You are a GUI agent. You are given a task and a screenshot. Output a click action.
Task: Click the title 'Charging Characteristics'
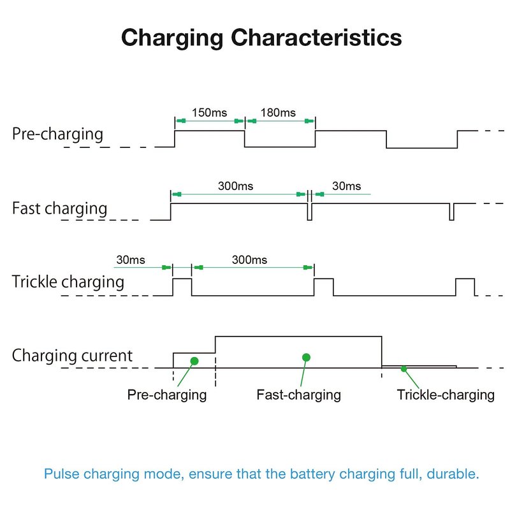(x=261, y=37)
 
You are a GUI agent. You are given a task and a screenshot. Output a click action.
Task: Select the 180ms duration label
(x=279, y=113)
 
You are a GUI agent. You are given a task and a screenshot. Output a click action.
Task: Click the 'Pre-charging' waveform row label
(x=57, y=134)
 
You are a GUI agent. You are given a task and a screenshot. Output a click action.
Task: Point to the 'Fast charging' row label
(x=60, y=208)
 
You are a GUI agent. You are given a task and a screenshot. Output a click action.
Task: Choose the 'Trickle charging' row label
(x=68, y=282)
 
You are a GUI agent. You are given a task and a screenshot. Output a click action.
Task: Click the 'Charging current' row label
(x=72, y=355)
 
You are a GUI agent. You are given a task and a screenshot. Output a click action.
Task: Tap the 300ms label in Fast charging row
(x=236, y=186)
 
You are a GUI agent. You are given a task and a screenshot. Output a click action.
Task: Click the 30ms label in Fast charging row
(x=347, y=186)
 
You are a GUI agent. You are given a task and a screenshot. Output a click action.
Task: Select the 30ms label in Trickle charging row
(x=131, y=260)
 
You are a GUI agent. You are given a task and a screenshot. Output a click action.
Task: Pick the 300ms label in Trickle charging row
(x=249, y=260)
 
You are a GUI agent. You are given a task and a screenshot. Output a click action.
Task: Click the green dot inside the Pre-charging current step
(x=194, y=361)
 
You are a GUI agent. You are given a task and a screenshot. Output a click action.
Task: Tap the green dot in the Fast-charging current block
(x=306, y=357)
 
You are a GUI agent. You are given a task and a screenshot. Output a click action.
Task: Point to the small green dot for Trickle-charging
(x=404, y=368)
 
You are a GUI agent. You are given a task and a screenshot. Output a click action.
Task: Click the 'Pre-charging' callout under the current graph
(x=167, y=395)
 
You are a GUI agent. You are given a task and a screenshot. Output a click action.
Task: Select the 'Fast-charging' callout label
(x=298, y=395)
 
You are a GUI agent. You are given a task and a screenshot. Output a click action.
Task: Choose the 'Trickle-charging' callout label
(x=446, y=395)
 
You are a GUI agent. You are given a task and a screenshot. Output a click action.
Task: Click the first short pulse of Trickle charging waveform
(x=182, y=286)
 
